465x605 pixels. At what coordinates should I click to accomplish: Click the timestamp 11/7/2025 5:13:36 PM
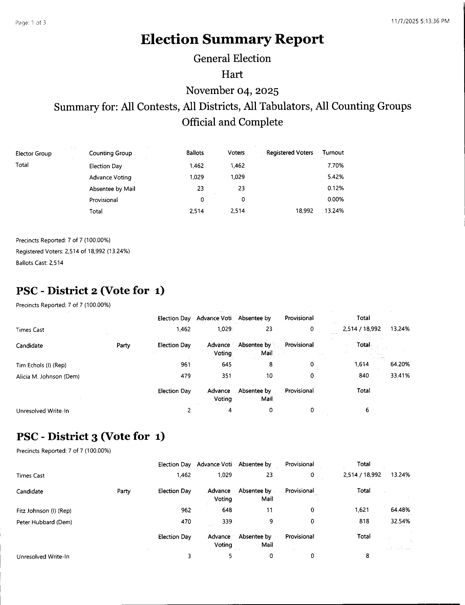click(x=420, y=21)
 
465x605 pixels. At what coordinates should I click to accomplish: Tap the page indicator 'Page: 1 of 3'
click(x=30, y=23)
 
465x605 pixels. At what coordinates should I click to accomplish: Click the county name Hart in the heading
click(x=232, y=74)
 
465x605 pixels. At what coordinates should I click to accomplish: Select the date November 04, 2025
click(x=232, y=91)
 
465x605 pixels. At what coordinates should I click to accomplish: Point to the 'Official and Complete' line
click(x=232, y=122)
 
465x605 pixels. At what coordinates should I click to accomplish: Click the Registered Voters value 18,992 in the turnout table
click(x=304, y=211)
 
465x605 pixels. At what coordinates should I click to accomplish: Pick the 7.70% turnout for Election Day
click(x=335, y=166)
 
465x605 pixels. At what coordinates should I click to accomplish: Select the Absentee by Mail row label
click(x=112, y=189)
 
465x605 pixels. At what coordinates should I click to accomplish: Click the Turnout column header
click(x=333, y=153)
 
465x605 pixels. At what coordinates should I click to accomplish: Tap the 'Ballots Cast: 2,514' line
click(x=40, y=263)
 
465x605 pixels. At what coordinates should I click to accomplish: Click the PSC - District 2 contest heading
click(x=90, y=291)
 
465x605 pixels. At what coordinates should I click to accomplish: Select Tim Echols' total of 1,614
click(x=362, y=364)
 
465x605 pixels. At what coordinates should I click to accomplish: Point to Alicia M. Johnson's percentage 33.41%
click(x=400, y=376)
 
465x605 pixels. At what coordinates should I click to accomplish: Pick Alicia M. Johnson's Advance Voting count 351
click(x=226, y=376)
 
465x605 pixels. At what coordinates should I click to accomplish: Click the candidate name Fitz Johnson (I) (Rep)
click(x=44, y=510)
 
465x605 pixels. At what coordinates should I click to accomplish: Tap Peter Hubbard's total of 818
click(x=364, y=521)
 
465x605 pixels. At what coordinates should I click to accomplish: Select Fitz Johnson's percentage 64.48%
click(x=400, y=510)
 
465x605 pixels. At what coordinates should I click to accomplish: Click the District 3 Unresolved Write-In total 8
click(x=367, y=556)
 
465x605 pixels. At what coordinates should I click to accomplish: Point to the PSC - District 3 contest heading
click(x=91, y=436)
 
